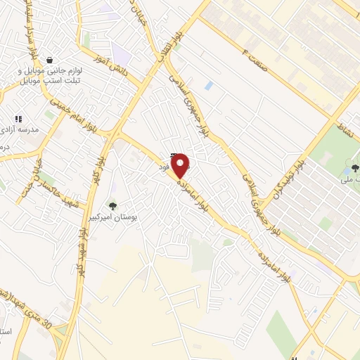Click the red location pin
(181, 166)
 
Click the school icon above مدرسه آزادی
(19, 119)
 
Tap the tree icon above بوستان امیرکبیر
(112, 205)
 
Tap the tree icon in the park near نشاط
(354, 168)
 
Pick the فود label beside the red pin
(164, 166)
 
